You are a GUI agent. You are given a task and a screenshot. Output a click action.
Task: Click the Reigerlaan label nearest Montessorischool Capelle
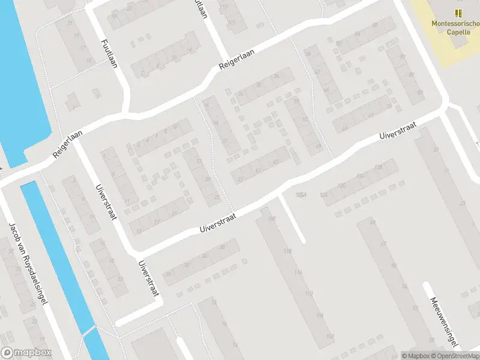click(x=236, y=61)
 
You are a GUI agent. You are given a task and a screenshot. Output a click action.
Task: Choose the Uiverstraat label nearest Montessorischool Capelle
click(x=397, y=129)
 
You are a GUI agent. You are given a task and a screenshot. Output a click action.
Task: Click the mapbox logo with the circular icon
click(x=26, y=353)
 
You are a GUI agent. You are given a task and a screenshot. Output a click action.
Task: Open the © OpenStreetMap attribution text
click(x=454, y=356)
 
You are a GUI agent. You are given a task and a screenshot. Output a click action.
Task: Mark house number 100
click(x=272, y=218)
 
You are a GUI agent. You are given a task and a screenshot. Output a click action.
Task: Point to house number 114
click(x=298, y=272)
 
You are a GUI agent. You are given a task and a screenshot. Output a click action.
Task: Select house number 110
click(x=309, y=293)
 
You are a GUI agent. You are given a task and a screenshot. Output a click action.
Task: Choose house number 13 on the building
click(x=140, y=230)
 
